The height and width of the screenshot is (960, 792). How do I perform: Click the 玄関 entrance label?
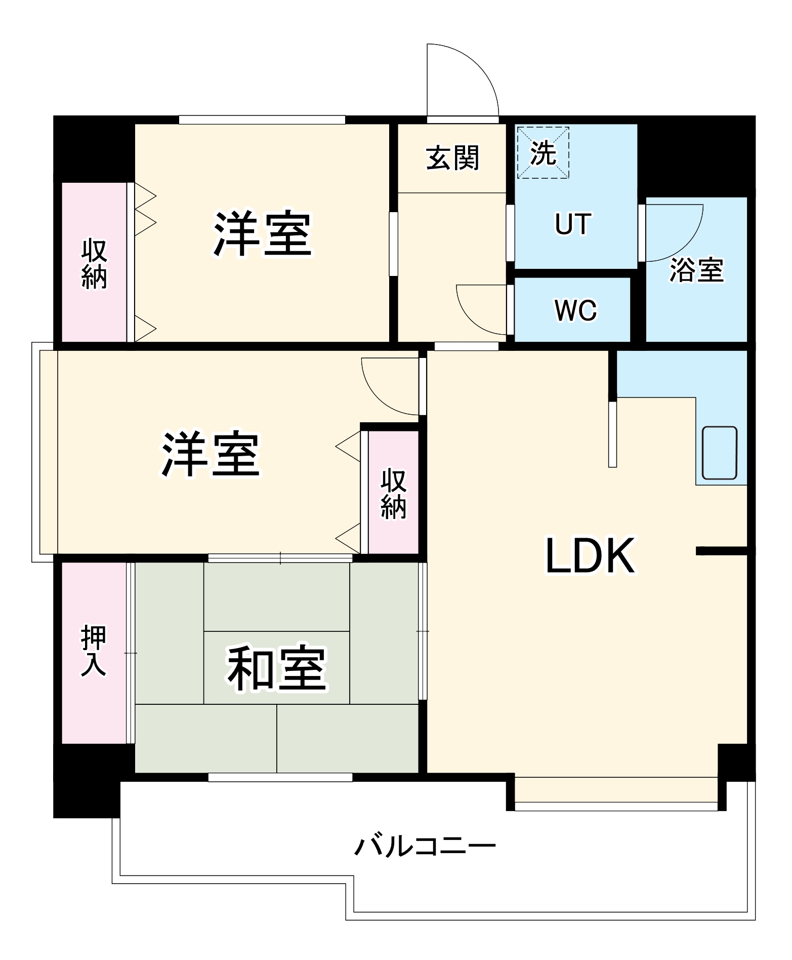(x=452, y=158)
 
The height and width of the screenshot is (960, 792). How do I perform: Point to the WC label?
(x=575, y=310)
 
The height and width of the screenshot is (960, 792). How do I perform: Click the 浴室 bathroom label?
(x=696, y=270)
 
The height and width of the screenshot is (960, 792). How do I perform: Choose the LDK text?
(x=590, y=556)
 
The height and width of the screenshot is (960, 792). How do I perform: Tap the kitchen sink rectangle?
(x=719, y=452)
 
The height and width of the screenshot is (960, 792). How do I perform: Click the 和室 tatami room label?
(x=276, y=668)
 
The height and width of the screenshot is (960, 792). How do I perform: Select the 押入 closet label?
(x=94, y=651)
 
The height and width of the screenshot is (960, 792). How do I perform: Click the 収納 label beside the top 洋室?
(x=95, y=264)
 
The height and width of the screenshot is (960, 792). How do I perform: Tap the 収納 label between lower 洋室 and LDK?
(x=393, y=494)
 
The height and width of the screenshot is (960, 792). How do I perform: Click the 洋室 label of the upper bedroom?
(x=262, y=234)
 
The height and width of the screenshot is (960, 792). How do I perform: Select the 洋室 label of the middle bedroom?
(x=211, y=454)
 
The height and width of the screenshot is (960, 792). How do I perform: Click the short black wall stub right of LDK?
(x=722, y=551)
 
